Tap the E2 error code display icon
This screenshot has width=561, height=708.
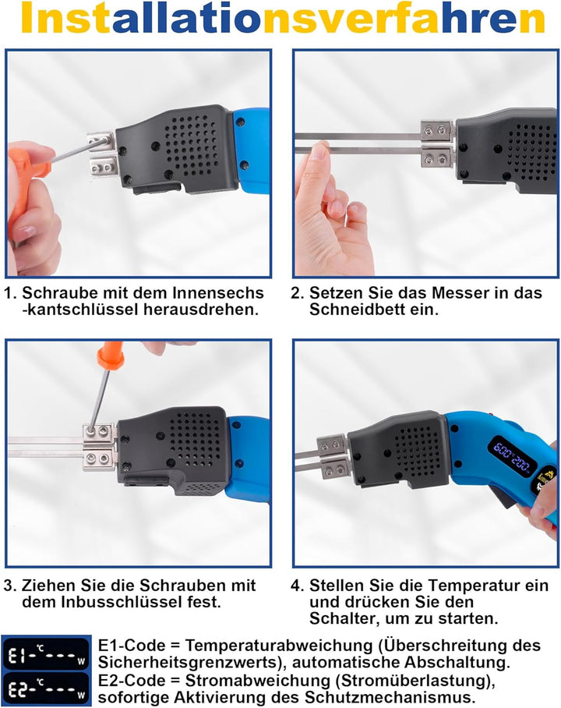click(x=46, y=688)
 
